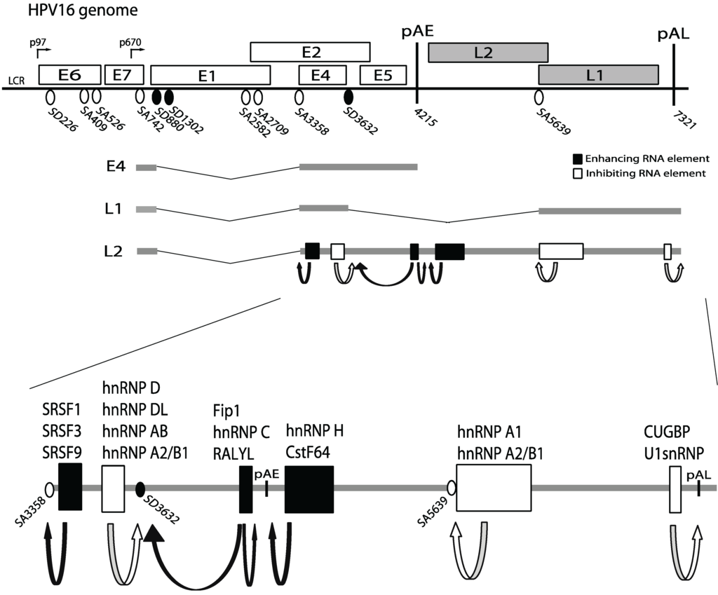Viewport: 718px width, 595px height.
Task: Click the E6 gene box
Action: (69, 75)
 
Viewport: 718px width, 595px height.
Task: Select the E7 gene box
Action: (124, 75)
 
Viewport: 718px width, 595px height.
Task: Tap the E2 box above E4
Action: (310, 52)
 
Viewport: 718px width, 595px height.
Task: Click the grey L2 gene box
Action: (487, 53)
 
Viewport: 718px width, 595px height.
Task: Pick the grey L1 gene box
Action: (597, 75)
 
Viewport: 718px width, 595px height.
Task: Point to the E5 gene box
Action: (383, 75)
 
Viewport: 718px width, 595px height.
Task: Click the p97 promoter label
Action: (37, 43)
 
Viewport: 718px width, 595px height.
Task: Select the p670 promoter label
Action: (131, 43)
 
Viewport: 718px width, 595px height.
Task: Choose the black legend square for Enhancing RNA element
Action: (578, 159)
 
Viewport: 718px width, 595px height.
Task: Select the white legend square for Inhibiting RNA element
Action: (578, 174)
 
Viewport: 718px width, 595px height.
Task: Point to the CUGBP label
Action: (665, 430)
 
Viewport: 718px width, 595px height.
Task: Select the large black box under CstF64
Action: (309, 488)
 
